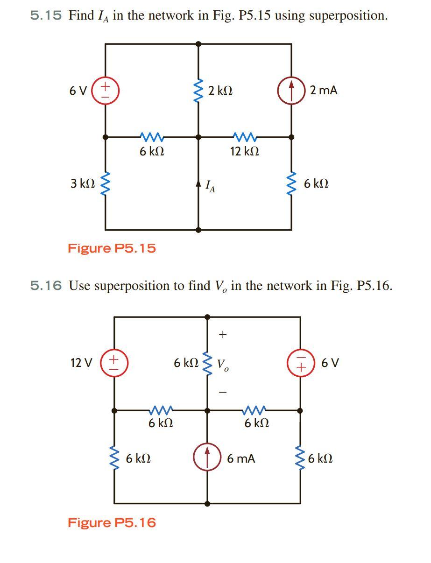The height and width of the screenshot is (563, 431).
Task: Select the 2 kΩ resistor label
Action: (220, 91)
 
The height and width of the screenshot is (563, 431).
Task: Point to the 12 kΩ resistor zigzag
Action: (245, 137)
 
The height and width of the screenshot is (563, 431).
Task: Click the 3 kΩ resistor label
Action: (83, 183)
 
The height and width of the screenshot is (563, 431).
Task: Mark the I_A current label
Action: (210, 186)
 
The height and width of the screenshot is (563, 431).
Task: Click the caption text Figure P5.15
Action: (112, 248)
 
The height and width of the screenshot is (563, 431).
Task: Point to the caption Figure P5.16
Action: (112, 522)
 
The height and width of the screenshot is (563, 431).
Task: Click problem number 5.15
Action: (46, 15)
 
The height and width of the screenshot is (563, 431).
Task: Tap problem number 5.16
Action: (46, 286)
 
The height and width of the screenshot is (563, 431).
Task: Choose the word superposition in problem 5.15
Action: (348, 16)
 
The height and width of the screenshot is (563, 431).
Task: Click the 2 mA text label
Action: (324, 90)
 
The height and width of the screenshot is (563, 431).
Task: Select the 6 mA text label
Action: (241, 458)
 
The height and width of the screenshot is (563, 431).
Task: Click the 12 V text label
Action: (81, 363)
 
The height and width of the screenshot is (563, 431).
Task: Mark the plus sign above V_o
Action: (223, 334)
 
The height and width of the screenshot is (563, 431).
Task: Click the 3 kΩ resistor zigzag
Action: (106, 183)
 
